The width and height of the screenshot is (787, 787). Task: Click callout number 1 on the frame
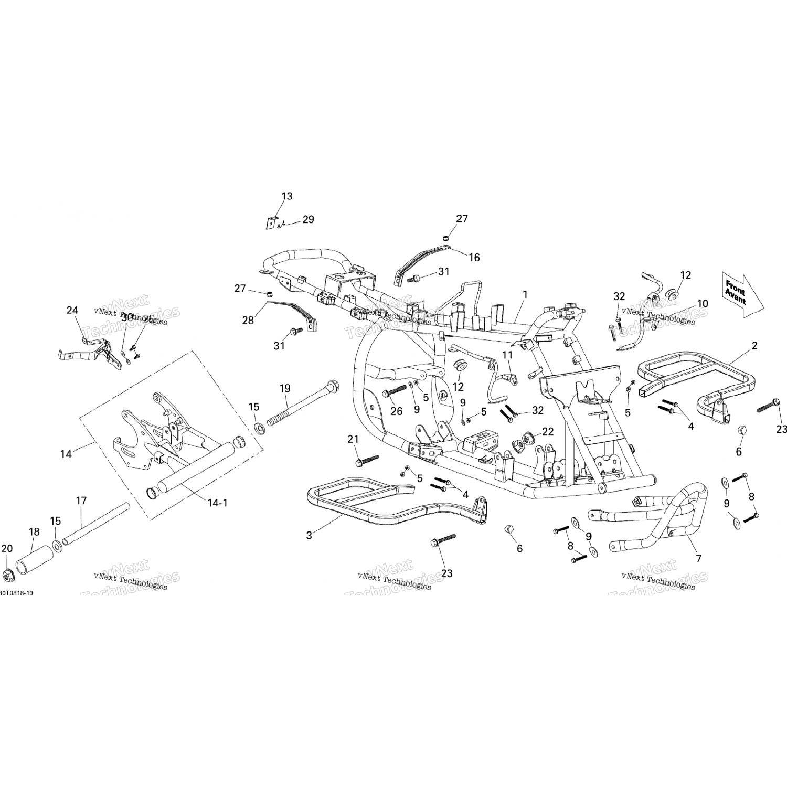[525, 295]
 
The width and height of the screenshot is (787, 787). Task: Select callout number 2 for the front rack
[754, 346]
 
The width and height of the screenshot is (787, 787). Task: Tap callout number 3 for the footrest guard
[310, 535]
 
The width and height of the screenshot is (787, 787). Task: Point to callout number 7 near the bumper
[698, 559]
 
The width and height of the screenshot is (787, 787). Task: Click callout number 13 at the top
[287, 196]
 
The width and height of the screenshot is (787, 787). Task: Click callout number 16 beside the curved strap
[474, 258]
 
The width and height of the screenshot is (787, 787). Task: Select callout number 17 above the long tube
[81, 501]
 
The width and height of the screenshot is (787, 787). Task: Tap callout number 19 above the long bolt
[285, 389]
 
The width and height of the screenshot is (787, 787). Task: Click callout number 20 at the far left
[6, 549]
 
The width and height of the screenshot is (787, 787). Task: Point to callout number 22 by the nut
[548, 431]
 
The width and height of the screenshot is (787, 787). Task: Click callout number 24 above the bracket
[72, 310]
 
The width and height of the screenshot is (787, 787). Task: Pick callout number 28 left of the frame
[248, 320]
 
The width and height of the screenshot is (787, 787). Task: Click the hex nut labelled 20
[8, 576]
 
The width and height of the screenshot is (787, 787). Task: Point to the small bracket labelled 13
[270, 222]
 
